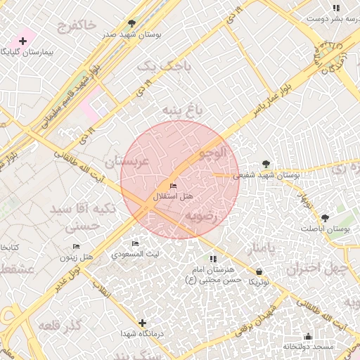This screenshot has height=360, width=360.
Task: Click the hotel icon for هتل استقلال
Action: tap(174, 186)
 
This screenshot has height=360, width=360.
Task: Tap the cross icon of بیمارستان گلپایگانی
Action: tap(22, 41)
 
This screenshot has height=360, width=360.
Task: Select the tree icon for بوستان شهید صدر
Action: tap(131, 23)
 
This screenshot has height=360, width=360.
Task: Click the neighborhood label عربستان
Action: tap(127, 162)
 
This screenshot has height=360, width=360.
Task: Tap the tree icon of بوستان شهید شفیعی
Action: tap(265, 163)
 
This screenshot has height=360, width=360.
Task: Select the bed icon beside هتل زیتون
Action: tap(76, 247)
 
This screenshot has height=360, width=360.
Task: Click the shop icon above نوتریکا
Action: tap(259, 271)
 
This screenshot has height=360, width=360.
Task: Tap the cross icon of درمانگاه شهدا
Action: tap(142, 323)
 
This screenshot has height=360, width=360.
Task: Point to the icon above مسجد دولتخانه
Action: tap(308, 336)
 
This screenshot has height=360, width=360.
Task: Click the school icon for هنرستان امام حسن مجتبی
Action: tap(213, 259)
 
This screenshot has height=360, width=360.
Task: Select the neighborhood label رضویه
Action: tap(202, 217)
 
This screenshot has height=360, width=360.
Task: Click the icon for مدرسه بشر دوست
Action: tap(336, 8)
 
